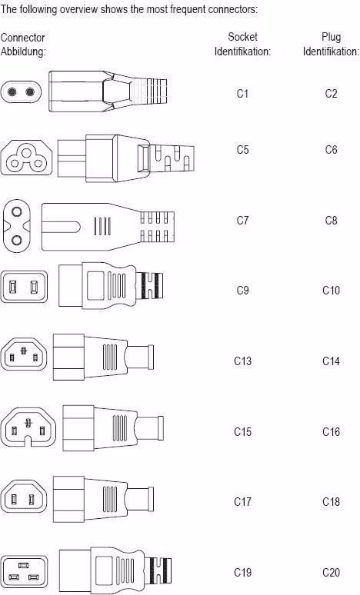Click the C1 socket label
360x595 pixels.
click(242, 93)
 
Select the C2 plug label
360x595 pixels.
click(331, 93)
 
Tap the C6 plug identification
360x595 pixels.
click(331, 149)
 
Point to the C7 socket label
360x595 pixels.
click(242, 220)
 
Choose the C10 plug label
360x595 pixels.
click(331, 291)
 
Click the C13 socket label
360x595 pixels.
click(242, 361)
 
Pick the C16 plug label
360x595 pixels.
click(331, 431)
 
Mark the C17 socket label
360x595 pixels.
click(242, 502)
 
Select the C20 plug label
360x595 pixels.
click(331, 572)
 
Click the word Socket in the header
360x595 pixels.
click(242, 37)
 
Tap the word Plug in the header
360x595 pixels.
click(331, 37)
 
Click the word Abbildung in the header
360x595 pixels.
click(23, 52)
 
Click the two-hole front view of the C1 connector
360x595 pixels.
click(21, 91)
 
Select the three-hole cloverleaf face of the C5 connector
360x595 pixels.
click(26, 158)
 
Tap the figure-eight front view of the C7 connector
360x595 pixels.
click(16, 226)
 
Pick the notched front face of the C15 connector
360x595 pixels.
click(28, 427)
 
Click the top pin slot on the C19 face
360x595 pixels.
click(24, 565)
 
